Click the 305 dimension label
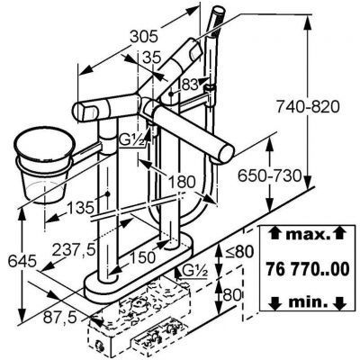point(144,37)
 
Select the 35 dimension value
point(151,58)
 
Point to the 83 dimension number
point(190,85)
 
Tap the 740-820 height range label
point(308,107)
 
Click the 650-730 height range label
point(269,175)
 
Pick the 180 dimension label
point(181,182)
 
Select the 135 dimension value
point(80,207)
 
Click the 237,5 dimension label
point(74,249)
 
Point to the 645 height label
point(22,261)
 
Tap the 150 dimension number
point(142,257)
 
